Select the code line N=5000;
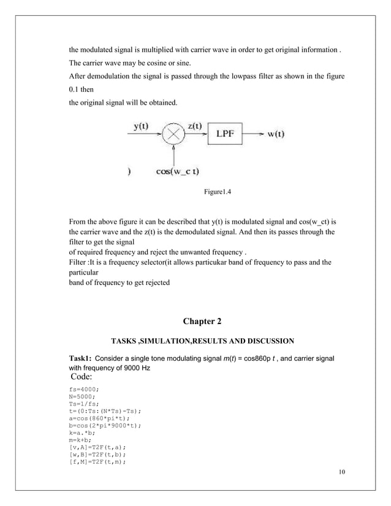click(83, 396)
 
